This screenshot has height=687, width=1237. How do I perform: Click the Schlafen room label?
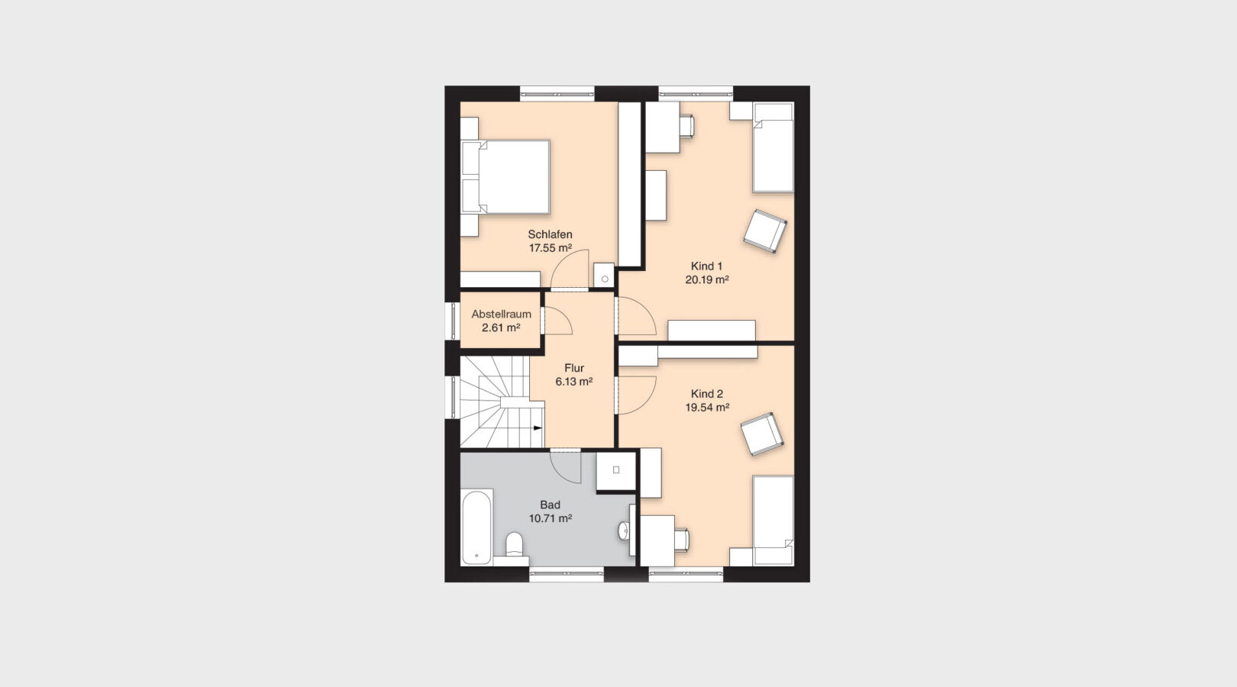(x=550, y=234)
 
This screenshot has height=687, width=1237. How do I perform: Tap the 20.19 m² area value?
(x=706, y=280)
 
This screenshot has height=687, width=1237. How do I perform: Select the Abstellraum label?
(x=501, y=314)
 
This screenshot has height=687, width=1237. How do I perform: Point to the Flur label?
(x=574, y=368)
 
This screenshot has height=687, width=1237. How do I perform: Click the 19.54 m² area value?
(x=706, y=408)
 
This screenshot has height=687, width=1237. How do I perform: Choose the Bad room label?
(x=550, y=505)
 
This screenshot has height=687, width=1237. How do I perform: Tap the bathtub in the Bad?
(x=476, y=527)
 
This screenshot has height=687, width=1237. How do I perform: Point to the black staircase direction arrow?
(x=538, y=429)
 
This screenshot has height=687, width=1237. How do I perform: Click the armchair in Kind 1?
(x=765, y=231)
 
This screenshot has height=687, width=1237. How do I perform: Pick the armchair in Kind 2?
(x=762, y=434)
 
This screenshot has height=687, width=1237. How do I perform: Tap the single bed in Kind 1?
(x=773, y=149)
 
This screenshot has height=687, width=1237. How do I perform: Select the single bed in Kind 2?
(x=773, y=519)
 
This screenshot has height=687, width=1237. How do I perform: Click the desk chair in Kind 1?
(x=686, y=125)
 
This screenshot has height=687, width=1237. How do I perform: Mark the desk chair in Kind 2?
(x=681, y=539)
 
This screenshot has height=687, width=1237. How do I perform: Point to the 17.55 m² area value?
(x=550, y=248)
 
